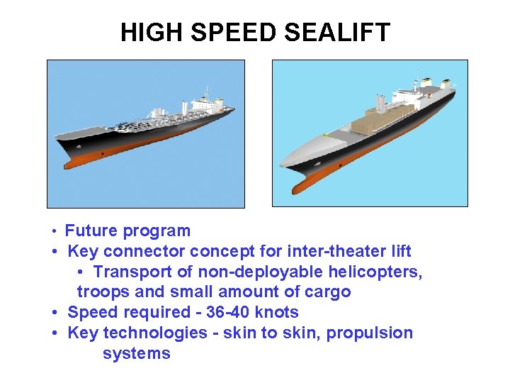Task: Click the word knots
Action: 277,313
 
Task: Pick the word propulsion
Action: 371,333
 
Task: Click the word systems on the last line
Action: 136,354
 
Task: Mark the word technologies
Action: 157,333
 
